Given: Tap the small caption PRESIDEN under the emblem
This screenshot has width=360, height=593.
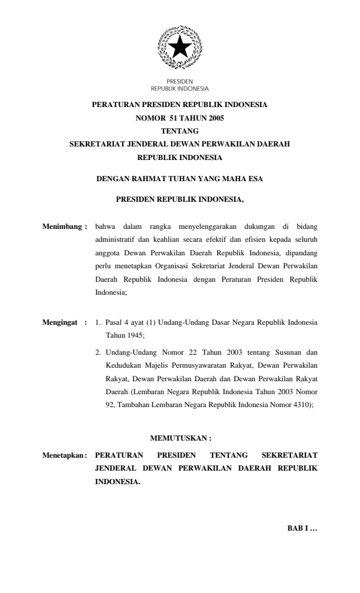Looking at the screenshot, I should click(x=179, y=81).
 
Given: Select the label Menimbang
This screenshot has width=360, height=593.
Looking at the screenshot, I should click(x=64, y=225).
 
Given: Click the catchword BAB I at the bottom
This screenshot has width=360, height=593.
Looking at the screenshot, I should click(x=302, y=528).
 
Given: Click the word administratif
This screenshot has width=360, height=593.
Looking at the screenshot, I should click(x=115, y=240).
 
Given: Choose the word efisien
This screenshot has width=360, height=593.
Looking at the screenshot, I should click(x=241, y=240).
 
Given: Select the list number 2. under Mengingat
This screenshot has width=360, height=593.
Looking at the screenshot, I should click(x=98, y=353).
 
